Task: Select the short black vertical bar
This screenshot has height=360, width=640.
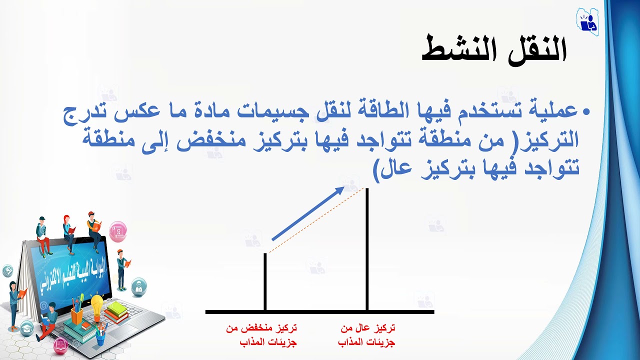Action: pos(265,282)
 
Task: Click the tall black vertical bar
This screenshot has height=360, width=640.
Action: pos(367,250)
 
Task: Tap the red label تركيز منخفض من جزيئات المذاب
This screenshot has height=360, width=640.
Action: pos(261,335)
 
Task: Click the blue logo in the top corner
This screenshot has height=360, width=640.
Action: pos(587,20)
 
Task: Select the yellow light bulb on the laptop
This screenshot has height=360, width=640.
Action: pos(96,304)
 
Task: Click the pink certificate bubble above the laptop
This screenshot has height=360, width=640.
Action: pos(118,231)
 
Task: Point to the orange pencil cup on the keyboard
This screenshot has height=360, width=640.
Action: pos(77,314)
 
